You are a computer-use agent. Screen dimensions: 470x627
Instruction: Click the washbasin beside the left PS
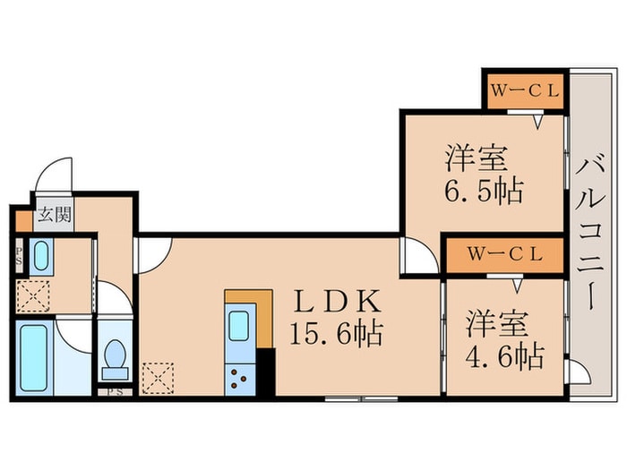click(41, 258)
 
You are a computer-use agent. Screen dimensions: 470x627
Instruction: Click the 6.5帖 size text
click(485, 191)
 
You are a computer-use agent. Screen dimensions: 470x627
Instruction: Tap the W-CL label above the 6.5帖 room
click(526, 90)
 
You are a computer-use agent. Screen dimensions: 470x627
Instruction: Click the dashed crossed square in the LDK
click(159, 378)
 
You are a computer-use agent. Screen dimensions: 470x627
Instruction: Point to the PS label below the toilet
click(115, 392)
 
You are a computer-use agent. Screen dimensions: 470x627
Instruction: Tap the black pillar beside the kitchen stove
click(266, 372)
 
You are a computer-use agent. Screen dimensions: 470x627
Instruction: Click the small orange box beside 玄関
click(23, 216)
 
